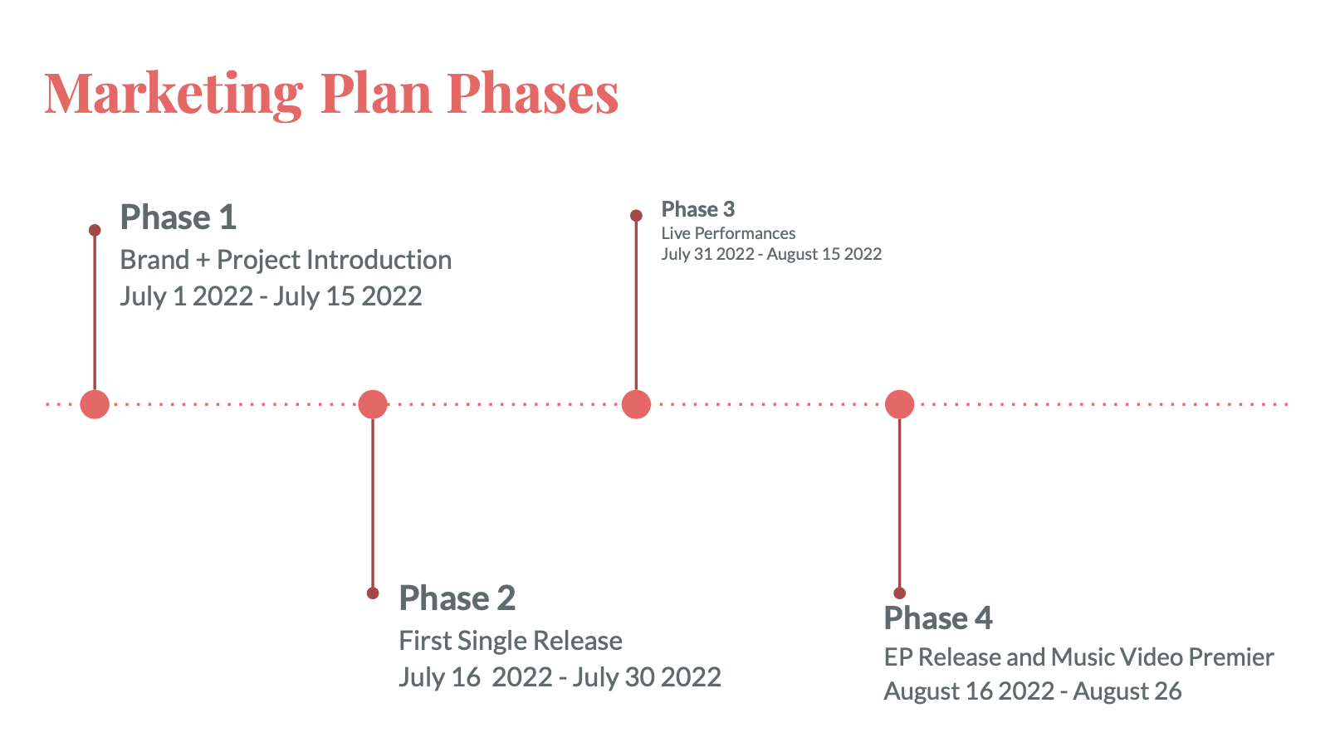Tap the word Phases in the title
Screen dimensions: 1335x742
(533, 93)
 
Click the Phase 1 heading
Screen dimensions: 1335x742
(178, 217)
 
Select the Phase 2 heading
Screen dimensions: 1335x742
(457, 598)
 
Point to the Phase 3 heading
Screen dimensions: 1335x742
(698, 209)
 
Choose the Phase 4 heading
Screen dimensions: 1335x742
(938, 618)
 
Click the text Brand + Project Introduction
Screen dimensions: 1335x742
(286, 261)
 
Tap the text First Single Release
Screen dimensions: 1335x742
(511, 642)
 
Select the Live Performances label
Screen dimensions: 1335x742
(728, 233)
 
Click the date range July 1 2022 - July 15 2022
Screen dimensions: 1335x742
(271, 297)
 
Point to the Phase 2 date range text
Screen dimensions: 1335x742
(560, 677)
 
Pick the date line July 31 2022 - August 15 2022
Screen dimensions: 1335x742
(771, 254)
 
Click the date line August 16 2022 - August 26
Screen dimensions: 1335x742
(1033, 691)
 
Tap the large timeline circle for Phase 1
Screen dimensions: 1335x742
(95, 404)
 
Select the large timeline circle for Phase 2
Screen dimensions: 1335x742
(373, 404)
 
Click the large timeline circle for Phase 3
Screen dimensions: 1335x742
(636, 404)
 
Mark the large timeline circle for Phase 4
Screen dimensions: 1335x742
(899, 404)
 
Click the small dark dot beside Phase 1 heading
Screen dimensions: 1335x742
(95, 230)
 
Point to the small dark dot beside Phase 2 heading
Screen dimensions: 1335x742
(373, 593)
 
